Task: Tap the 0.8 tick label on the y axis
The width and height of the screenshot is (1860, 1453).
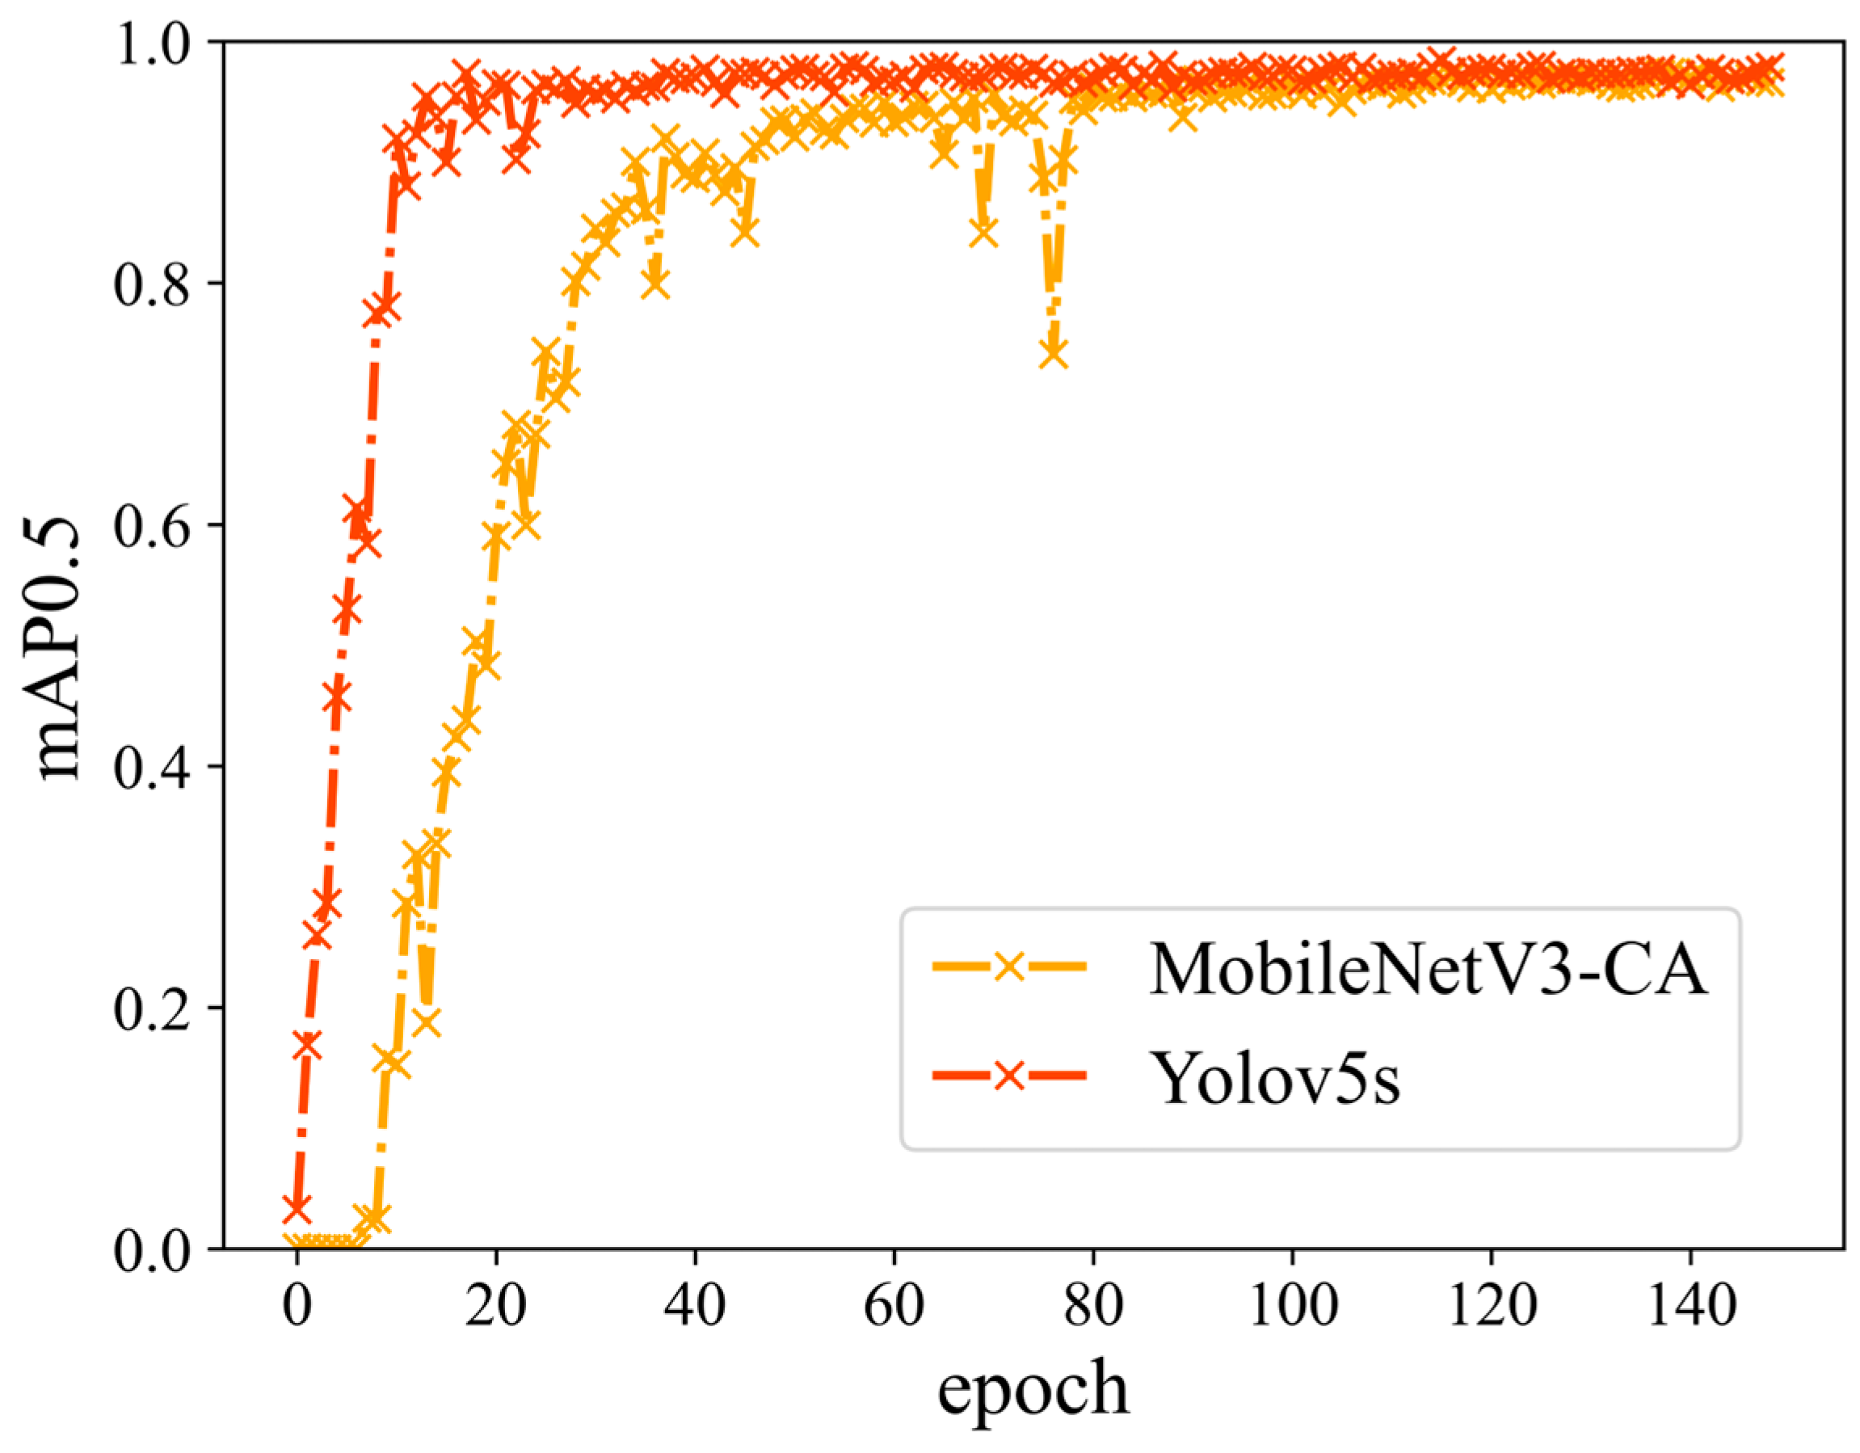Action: [x=153, y=284]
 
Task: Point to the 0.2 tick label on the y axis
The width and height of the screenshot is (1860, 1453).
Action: [x=153, y=1009]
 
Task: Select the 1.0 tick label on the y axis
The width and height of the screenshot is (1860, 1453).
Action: [x=153, y=43]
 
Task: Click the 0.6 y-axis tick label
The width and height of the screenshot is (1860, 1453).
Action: [x=153, y=525]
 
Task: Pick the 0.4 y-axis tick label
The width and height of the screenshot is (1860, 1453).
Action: [x=153, y=767]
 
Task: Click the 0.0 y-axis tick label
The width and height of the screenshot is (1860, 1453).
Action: [x=153, y=1249]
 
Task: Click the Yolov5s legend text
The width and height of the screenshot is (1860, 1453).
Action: [x=1275, y=1077]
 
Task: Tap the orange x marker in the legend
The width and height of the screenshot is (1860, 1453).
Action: [x=1009, y=966]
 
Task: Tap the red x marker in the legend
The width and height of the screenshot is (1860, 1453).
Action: [x=1009, y=1076]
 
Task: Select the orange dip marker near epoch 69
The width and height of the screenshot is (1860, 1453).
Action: [x=983, y=232]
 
